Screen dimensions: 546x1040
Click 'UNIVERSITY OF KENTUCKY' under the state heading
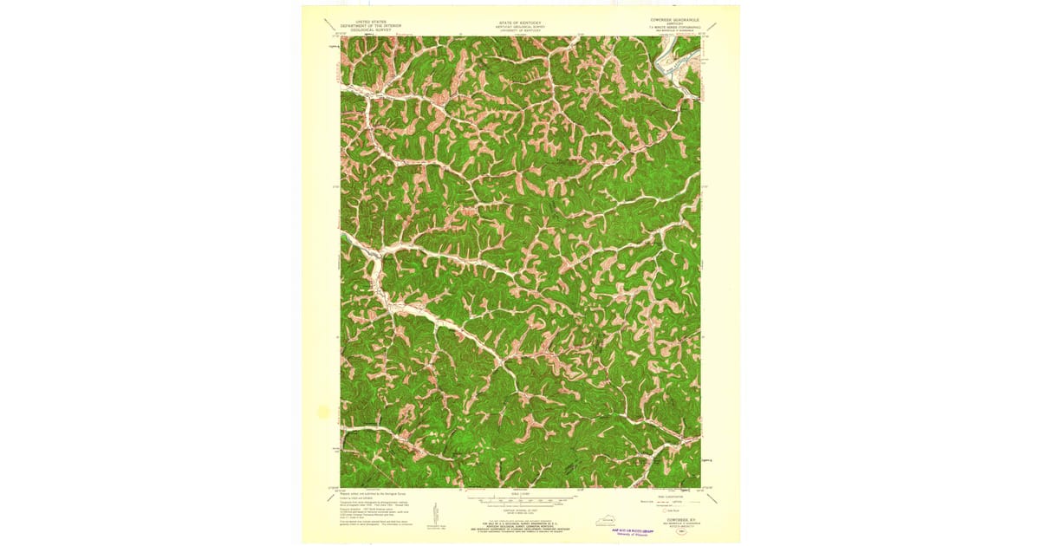[x=517, y=29]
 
